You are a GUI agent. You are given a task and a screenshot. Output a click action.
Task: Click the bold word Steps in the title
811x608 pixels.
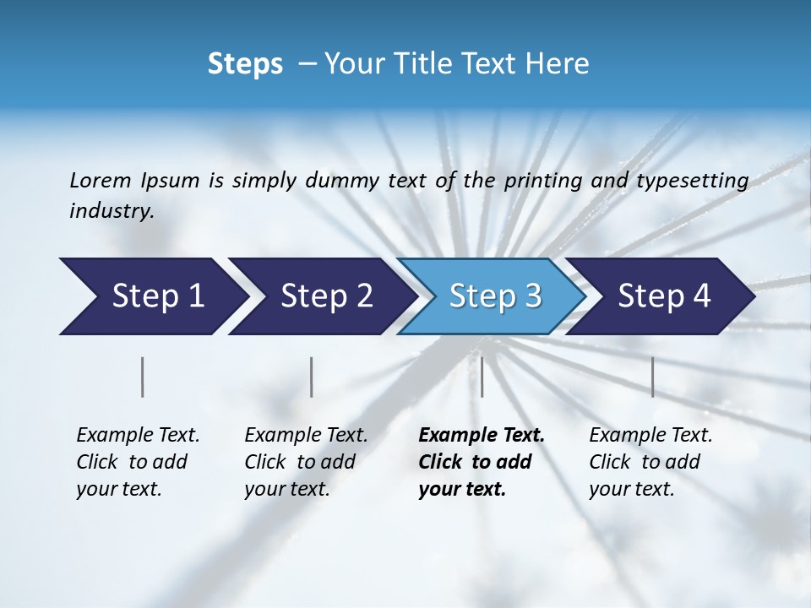(245, 64)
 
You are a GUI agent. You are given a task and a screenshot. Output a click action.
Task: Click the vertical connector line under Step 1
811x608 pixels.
(142, 377)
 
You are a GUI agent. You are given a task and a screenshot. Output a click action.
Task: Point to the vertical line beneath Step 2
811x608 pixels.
(312, 377)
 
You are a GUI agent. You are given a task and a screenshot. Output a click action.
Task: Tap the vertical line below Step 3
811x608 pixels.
(482, 377)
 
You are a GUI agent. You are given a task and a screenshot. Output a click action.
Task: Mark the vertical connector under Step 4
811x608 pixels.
(652, 377)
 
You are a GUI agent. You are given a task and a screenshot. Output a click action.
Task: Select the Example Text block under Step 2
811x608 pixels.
(306, 462)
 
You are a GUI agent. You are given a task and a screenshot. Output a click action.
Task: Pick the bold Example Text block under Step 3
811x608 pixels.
(481, 462)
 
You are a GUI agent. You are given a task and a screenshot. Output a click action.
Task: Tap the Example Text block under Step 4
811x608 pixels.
(650, 462)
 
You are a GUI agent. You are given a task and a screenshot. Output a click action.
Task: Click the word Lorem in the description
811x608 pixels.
(100, 180)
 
